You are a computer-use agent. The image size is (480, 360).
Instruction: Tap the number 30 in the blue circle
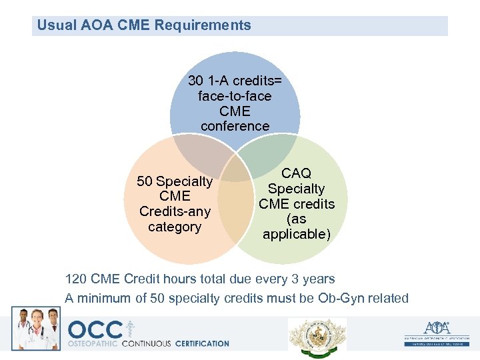pyautogui.click(x=195, y=81)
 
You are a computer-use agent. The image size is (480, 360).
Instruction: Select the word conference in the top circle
pyautogui.click(x=235, y=126)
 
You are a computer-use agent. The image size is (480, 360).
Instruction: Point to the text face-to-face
pyautogui.click(x=235, y=96)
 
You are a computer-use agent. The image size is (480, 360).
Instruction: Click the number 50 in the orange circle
pyautogui.click(x=145, y=181)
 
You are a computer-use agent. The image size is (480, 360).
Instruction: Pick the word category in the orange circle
pyautogui.click(x=175, y=227)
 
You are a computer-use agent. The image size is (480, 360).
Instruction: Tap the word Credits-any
pyautogui.click(x=175, y=211)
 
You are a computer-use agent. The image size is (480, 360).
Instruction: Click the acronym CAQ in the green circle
pyautogui.click(x=296, y=173)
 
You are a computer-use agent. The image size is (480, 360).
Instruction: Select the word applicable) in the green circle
pyautogui.click(x=296, y=234)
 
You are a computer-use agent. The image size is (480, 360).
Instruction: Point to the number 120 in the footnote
pyautogui.click(x=75, y=279)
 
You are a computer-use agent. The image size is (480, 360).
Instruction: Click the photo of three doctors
pyautogui.click(x=36, y=329)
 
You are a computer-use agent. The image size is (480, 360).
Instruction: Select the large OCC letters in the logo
pyautogui.click(x=95, y=330)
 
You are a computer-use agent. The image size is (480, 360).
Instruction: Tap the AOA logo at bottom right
pyautogui.click(x=437, y=331)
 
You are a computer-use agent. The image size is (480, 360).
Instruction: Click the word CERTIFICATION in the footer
pyautogui.click(x=202, y=344)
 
